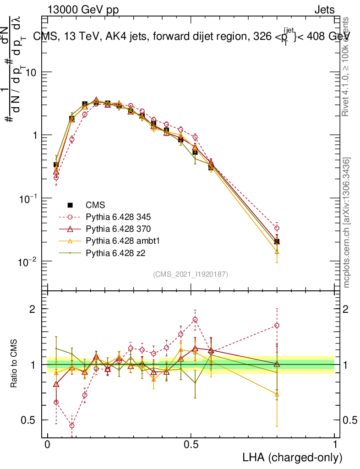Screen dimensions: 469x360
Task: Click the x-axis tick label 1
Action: click(x=334, y=445)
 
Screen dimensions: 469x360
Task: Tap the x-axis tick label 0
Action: click(x=48, y=445)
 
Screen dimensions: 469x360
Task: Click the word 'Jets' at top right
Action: click(x=324, y=10)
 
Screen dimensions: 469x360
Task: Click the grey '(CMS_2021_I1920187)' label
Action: click(x=191, y=274)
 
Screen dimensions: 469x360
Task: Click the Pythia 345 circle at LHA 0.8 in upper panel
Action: click(x=277, y=228)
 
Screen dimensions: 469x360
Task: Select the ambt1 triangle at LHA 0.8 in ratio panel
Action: click(x=277, y=394)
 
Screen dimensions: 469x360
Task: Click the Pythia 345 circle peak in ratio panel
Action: click(x=195, y=320)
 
